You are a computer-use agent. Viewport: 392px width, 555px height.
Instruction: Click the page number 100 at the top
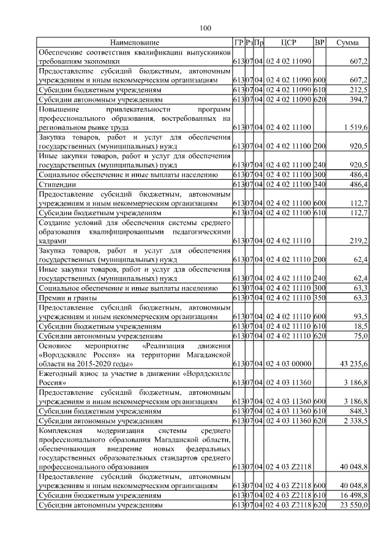point(205,28)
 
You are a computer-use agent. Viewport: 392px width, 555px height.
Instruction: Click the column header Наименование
point(134,42)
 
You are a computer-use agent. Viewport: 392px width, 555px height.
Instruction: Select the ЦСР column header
point(288,42)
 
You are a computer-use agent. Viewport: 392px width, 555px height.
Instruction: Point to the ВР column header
point(319,42)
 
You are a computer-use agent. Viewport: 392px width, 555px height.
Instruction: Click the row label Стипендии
point(58,183)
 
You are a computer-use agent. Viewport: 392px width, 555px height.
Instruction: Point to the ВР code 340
point(319,183)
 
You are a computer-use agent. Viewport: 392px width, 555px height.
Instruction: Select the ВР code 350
point(319,297)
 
